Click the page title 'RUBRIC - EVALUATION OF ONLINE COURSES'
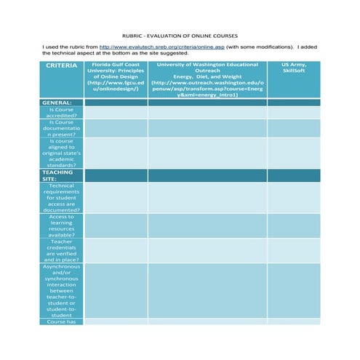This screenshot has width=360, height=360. pos(180,36)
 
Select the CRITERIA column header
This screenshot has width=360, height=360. pos(62,65)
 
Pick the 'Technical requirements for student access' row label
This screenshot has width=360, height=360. pos(62,198)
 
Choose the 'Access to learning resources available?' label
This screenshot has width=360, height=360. pos(62,225)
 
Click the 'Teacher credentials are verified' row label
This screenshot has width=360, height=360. pos(62,250)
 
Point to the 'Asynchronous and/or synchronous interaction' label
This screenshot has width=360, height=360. pos(62,290)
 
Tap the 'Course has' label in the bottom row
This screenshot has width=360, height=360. pos(62,321)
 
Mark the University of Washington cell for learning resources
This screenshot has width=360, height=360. pos(207,225)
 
